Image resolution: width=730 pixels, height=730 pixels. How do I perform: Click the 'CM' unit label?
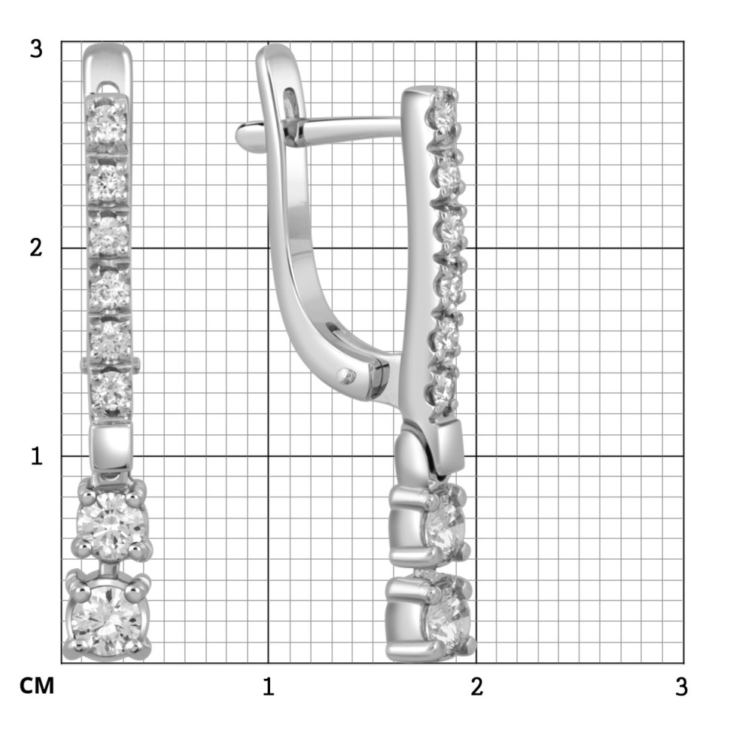[37, 686]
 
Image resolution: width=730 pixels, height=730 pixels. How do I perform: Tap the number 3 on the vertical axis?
[36, 49]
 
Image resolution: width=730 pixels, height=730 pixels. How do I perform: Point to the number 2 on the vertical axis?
[36, 248]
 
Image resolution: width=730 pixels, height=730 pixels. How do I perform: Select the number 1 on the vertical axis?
[37, 456]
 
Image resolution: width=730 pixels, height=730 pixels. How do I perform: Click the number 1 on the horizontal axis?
[268, 686]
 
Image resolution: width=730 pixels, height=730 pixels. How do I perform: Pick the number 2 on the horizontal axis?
[476, 686]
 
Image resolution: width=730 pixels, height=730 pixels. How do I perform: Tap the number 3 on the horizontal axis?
[682, 686]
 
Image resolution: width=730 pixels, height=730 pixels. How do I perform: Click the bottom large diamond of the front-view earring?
[108, 617]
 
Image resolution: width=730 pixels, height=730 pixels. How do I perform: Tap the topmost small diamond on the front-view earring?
[107, 123]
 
